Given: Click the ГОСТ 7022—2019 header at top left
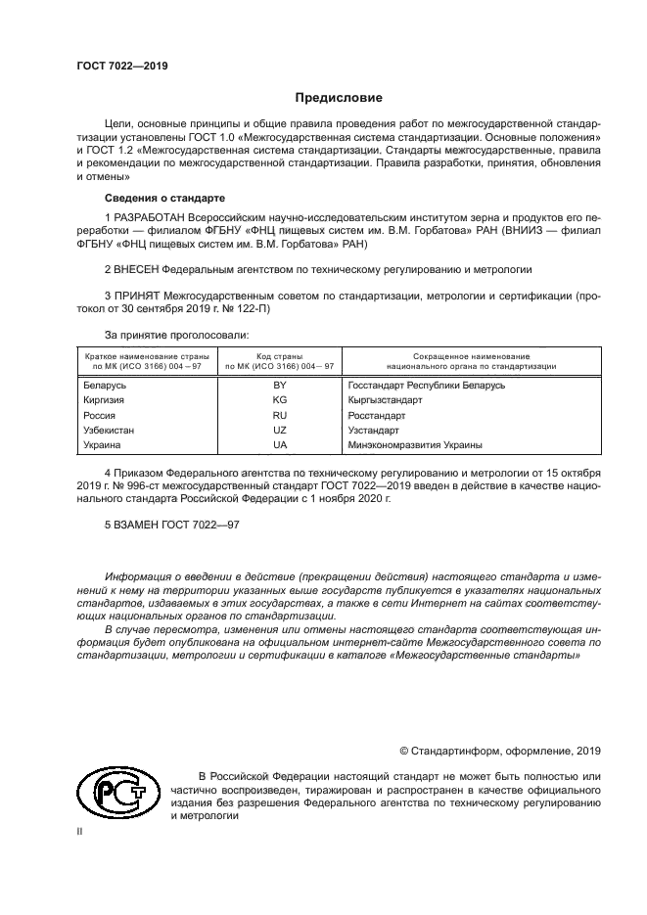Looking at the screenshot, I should (120, 66).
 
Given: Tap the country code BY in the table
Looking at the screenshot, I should (280, 386).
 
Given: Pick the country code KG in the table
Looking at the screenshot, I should (280, 400).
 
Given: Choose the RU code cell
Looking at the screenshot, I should (280, 415).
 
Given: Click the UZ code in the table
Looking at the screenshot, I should (280, 430).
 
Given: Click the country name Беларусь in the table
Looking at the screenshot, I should (107, 386).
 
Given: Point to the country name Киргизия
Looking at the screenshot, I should (108, 400).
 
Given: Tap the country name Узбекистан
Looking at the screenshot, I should (112, 430).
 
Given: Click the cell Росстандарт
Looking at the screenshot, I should (376, 415).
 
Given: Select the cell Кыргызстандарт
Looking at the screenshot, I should (385, 400).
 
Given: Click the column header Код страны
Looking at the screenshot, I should (280, 355).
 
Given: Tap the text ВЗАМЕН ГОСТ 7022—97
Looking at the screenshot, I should (171, 525).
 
